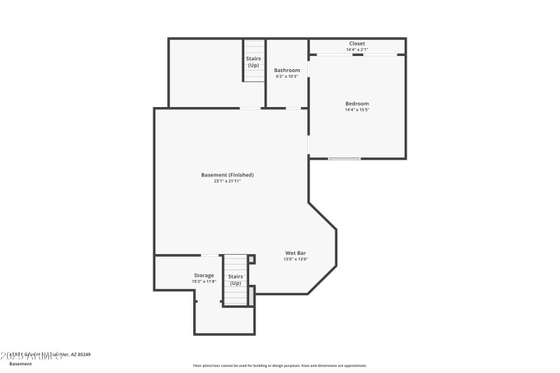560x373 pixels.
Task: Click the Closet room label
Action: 357,43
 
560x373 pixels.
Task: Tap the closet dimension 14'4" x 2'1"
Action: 357,50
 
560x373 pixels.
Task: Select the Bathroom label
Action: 287,70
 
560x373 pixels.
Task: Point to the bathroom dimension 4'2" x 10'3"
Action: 287,76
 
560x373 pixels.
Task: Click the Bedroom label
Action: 357,104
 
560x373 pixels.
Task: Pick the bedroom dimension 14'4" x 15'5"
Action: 357,110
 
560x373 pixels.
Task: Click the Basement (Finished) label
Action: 227,175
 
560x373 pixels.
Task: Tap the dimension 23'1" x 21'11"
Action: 227,181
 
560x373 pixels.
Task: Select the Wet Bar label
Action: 295,253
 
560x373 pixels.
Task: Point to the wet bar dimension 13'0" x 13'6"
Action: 295,259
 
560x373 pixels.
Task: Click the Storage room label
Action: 204,275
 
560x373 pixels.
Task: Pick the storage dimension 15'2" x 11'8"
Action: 204,281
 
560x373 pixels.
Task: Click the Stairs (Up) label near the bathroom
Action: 253,62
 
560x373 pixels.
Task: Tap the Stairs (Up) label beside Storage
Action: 236,279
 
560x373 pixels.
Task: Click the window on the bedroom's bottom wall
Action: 344,159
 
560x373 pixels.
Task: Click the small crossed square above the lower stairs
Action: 252,259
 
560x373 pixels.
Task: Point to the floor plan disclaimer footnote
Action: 280,365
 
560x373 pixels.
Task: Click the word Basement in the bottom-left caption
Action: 20,364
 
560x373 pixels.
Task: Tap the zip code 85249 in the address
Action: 83,355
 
